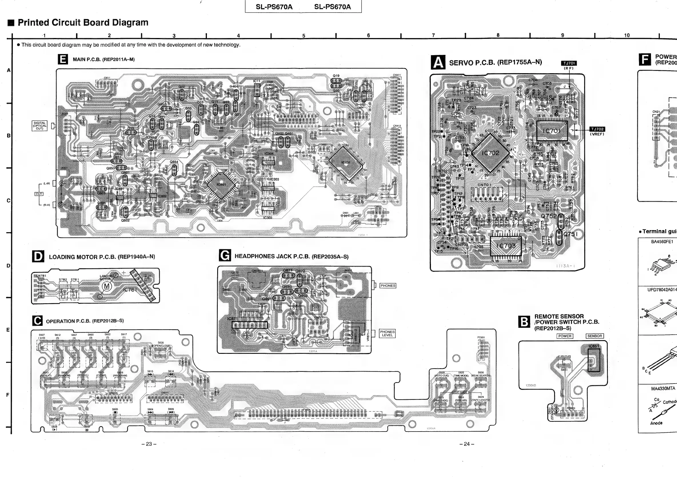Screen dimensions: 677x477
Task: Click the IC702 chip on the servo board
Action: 490,153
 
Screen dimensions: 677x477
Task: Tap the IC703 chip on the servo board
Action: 506,246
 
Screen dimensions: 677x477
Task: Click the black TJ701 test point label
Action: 569,63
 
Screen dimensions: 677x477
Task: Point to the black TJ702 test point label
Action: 597,129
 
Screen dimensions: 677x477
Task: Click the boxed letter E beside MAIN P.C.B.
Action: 63,59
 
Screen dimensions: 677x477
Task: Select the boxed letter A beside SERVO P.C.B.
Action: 438,63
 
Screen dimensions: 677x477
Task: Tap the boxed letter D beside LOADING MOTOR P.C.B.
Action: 38,256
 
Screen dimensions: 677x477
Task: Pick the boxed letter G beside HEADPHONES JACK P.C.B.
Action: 225,255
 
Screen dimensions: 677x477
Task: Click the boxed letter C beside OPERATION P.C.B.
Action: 37,321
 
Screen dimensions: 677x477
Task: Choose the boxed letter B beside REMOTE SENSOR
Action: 524,322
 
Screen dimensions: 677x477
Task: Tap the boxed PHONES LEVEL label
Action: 387,334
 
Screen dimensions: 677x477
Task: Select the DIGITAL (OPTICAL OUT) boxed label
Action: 39,126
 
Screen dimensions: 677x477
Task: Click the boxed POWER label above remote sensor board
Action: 565,336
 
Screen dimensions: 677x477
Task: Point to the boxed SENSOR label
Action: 594,336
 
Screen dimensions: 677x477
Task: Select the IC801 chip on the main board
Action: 221,185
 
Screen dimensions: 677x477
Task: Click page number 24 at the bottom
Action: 466,444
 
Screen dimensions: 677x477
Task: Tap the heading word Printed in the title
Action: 34,22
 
